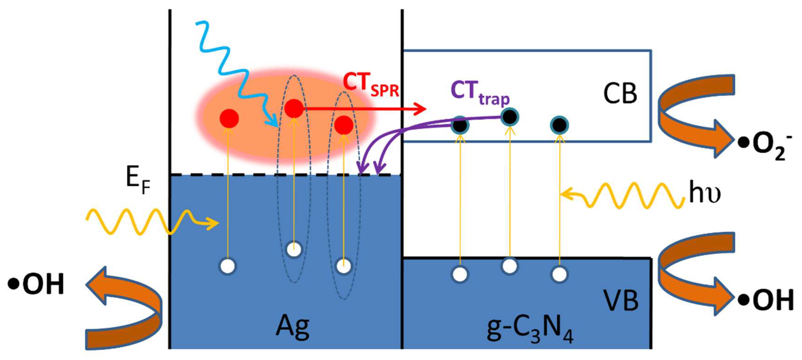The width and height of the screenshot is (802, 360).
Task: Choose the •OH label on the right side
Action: click(x=766, y=300)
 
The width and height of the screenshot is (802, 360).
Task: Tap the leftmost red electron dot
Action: click(x=229, y=119)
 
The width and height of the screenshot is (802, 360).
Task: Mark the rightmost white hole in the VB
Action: click(x=559, y=274)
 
